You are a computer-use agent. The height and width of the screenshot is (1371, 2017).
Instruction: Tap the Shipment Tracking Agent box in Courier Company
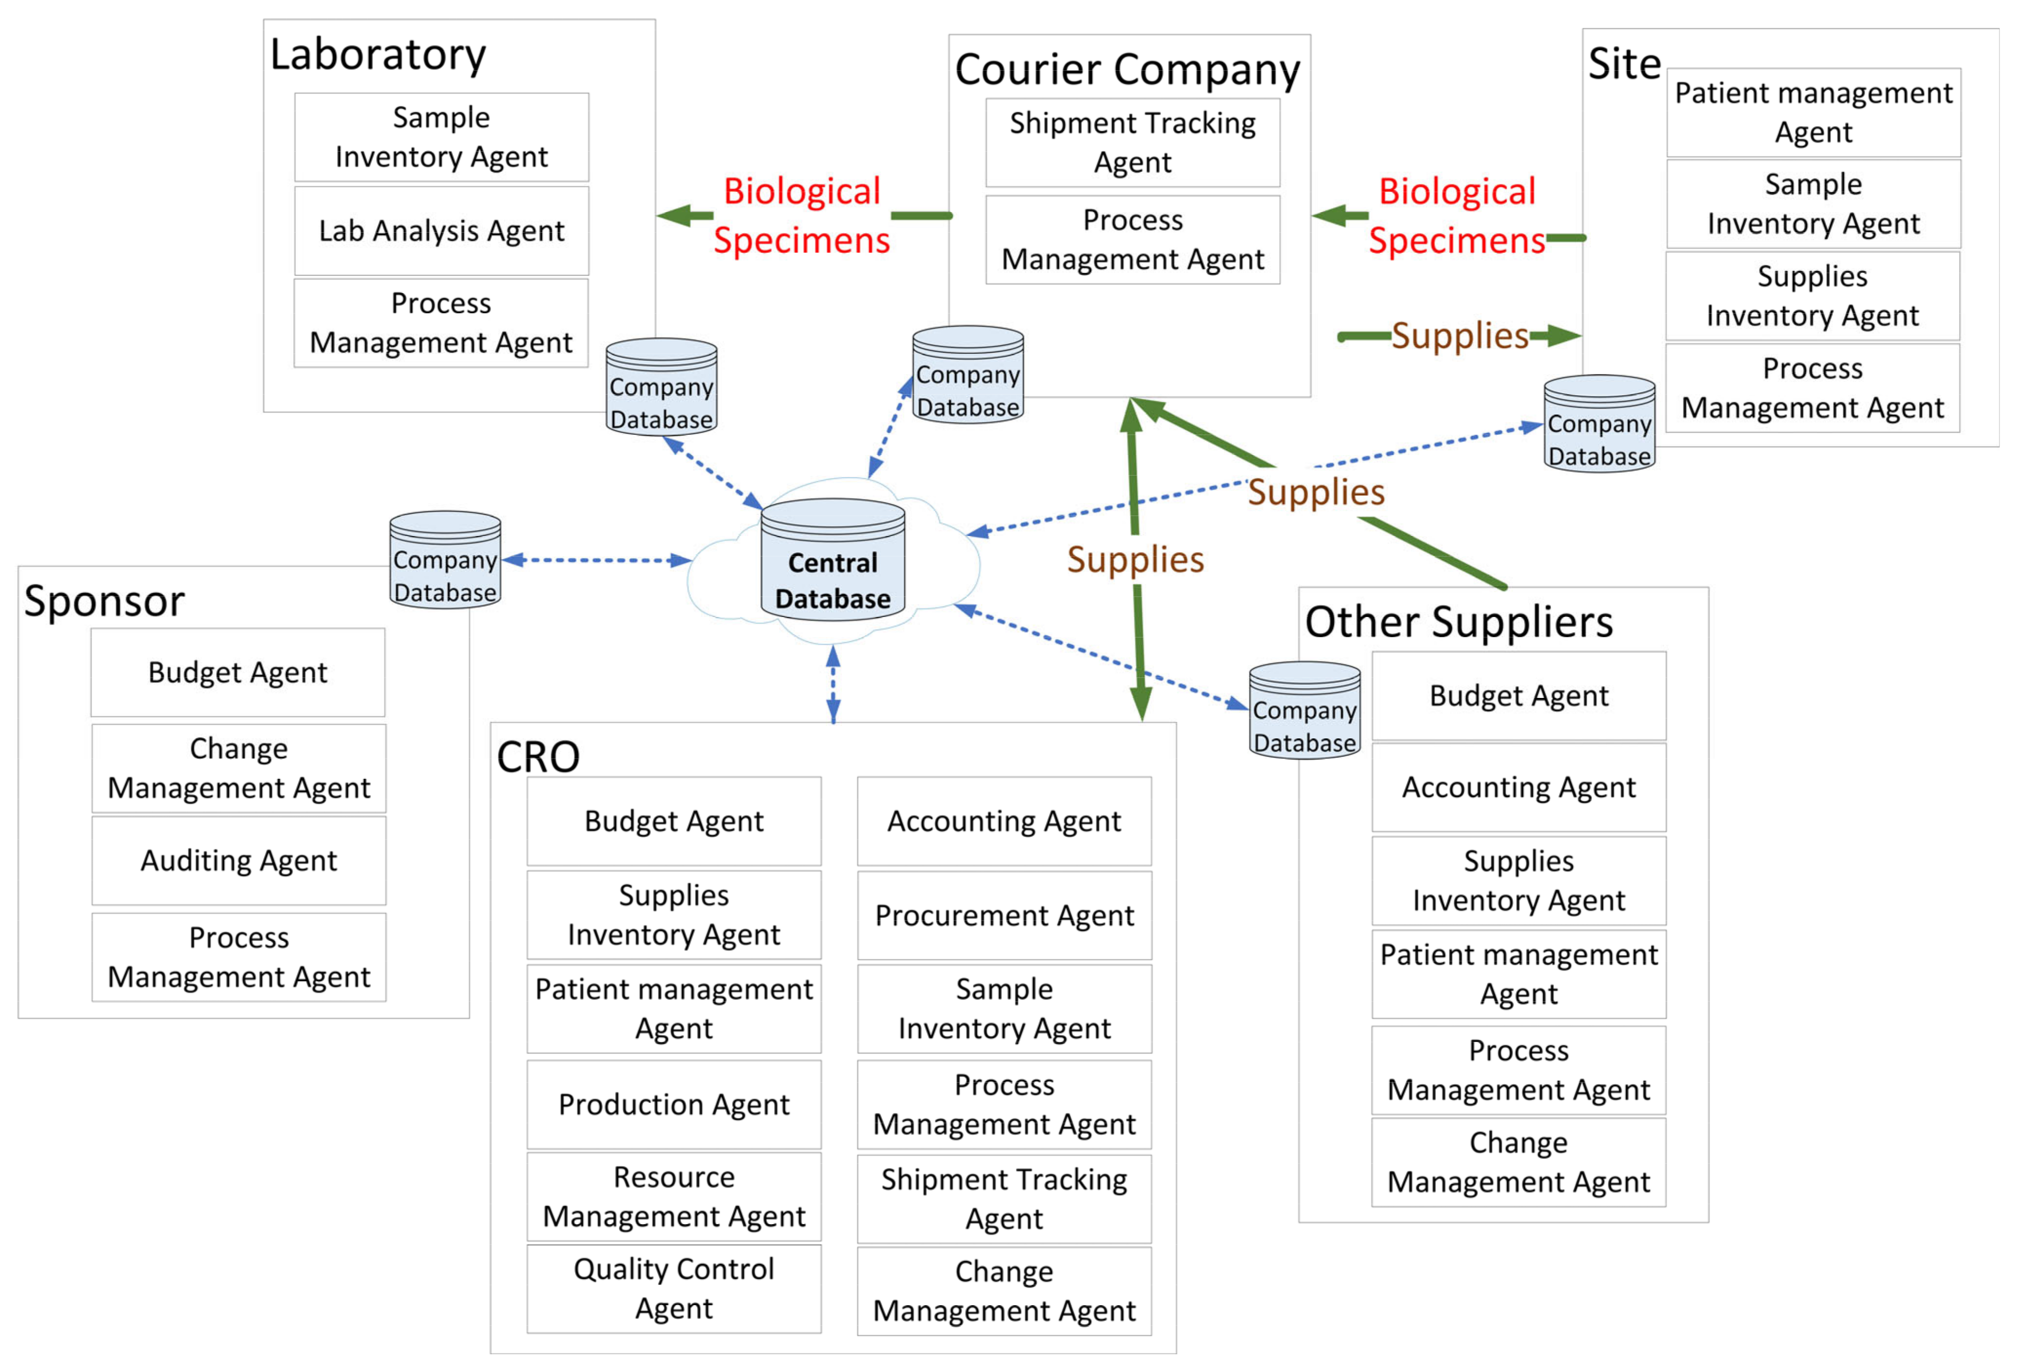[1132, 142]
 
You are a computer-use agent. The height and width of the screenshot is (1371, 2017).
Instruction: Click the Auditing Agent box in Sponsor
[238, 860]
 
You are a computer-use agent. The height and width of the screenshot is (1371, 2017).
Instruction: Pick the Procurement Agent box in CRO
[1004, 915]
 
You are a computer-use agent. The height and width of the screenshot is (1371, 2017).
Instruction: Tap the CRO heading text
[538, 756]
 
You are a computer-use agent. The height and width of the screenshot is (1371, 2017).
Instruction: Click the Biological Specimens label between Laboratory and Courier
[801, 215]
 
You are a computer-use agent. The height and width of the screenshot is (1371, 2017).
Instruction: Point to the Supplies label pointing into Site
[1459, 336]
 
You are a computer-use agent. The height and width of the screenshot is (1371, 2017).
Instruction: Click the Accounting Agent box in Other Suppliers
[1518, 788]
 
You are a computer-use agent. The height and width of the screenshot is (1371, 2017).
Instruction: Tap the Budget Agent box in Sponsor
[238, 672]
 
